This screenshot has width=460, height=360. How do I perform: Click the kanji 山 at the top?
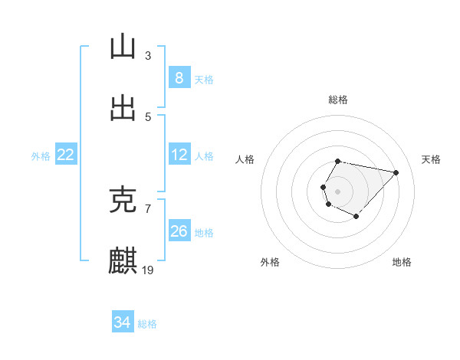[x=122, y=47]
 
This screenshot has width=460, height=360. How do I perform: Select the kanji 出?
[x=122, y=108]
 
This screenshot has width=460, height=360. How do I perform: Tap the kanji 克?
[x=122, y=200]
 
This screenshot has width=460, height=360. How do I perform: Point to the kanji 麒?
[x=122, y=261]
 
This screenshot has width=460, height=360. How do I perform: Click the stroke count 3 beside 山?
[x=148, y=55]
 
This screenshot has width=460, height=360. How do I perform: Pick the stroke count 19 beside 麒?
[x=149, y=270]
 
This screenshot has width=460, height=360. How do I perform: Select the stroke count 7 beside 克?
[x=148, y=208]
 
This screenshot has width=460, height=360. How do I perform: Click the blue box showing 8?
[x=179, y=78]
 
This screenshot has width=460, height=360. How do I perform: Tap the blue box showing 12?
[x=179, y=155]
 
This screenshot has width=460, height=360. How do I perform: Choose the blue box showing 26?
[x=179, y=231]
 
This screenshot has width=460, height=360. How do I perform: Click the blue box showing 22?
[x=66, y=155]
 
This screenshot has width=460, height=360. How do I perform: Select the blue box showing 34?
[x=122, y=322]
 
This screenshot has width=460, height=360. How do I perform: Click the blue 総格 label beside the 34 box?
[x=147, y=324]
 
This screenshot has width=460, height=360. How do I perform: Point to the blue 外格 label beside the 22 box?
[x=41, y=156]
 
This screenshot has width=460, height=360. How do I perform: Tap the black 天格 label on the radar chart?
[x=431, y=159]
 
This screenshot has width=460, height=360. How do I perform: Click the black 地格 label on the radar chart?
[x=402, y=262]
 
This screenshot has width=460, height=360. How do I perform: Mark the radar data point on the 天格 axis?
[x=396, y=172]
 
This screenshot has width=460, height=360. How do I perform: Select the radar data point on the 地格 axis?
[x=356, y=217]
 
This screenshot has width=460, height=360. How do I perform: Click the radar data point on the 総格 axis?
[x=337, y=161]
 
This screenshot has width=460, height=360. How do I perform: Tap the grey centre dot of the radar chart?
[x=337, y=191]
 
